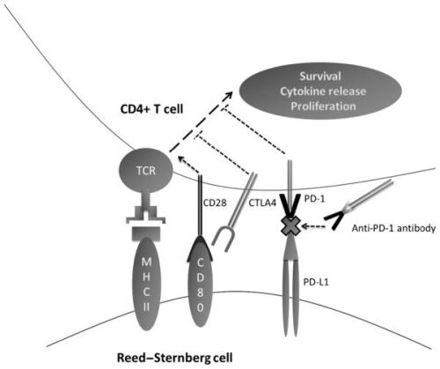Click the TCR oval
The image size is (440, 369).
(x=146, y=171)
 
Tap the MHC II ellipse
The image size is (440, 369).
(x=146, y=284)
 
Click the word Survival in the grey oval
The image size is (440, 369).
(x=320, y=77)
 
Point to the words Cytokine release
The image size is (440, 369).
(x=323, y=92)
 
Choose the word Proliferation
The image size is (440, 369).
(x=323, y=106)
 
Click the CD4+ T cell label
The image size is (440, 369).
(x=152, y=109)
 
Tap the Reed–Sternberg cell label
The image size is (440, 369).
(x=175, y=358)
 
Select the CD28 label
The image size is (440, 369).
(x=215, y=203)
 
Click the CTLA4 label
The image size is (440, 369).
(x=262, y=203)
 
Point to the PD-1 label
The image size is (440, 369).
(x=314, y=199)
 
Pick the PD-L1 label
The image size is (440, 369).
(x=316, y=282)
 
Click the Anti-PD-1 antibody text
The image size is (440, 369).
(x=393, y=228)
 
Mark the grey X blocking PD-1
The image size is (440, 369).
(x=290, y=225)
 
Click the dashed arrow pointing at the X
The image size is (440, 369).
(x=313, y=226)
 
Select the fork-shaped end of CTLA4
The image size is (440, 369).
(x=223, y=240)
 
